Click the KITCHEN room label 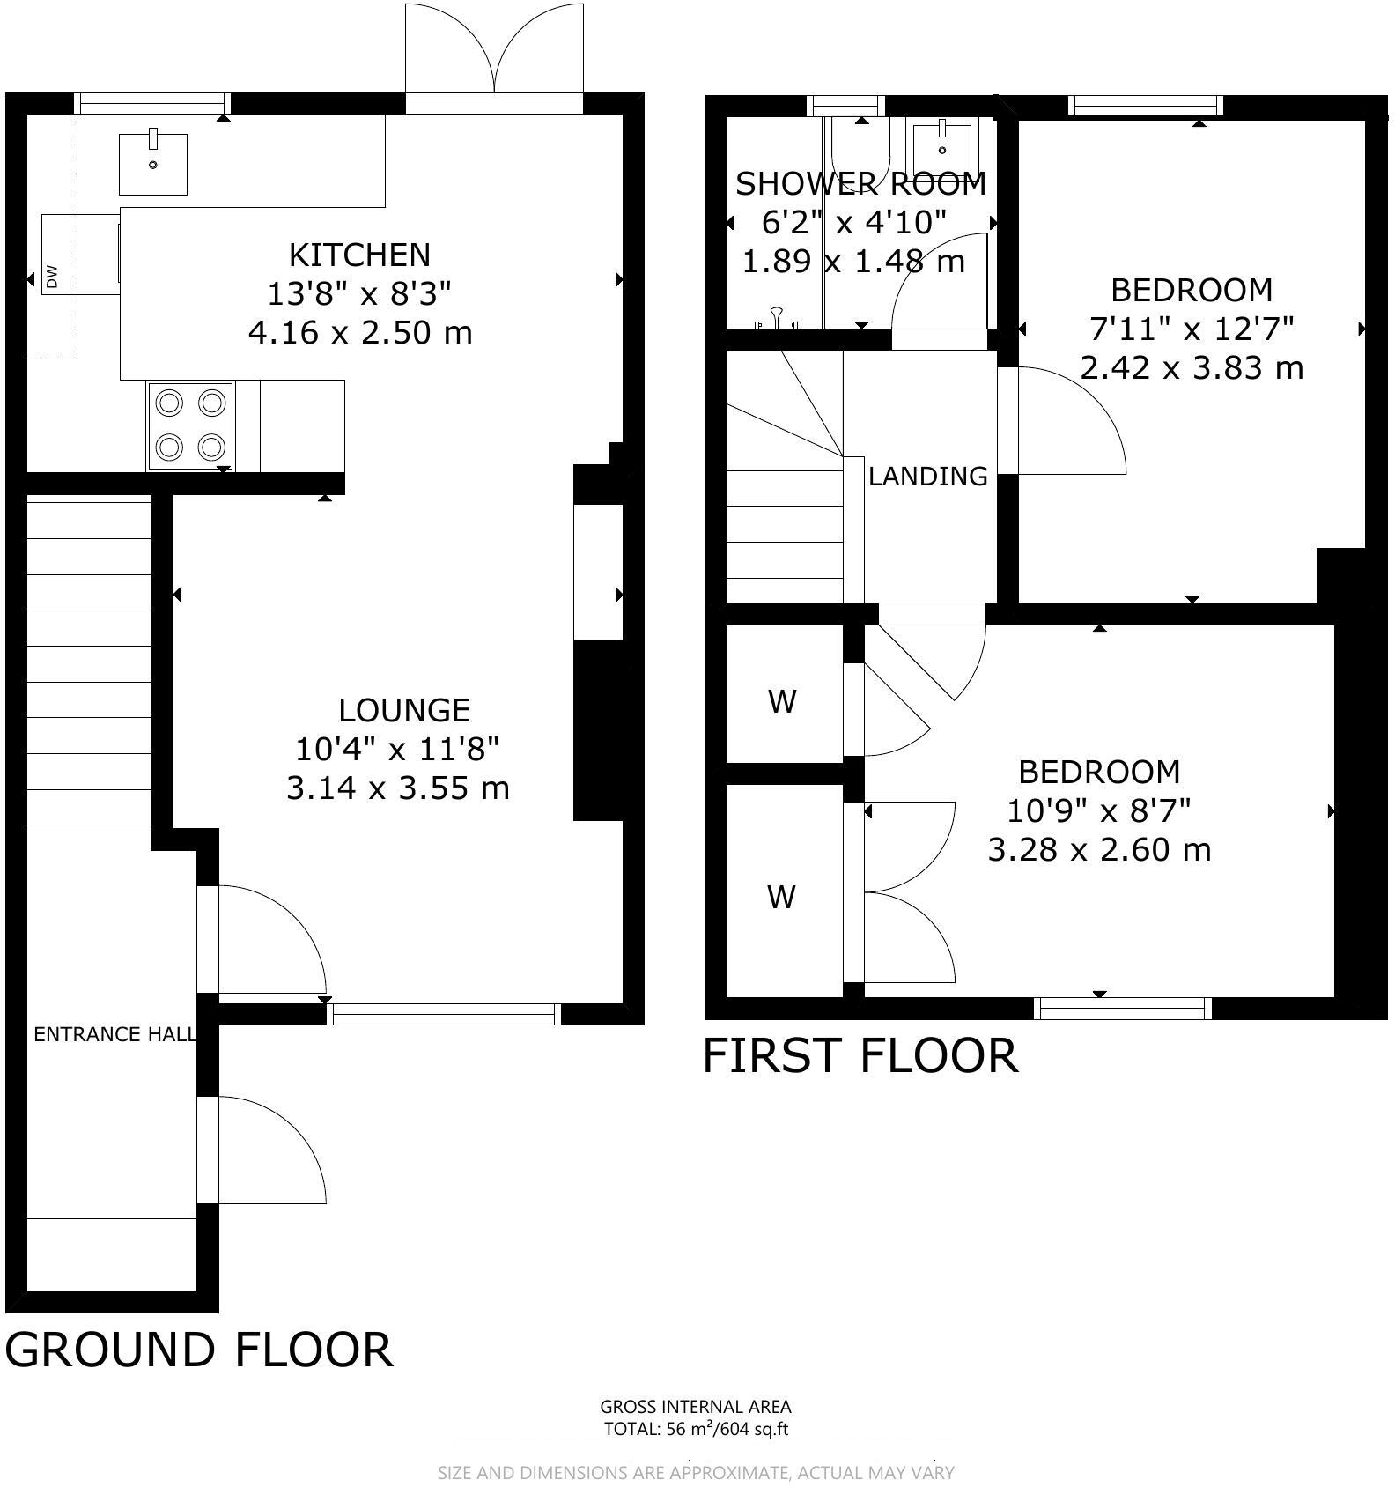[360, 255]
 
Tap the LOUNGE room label [405, 710]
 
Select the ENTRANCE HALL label [114, 1034]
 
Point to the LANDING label [928, 476]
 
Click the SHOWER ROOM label [861, 184]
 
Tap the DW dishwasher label [51, 277]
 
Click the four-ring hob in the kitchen [190, 425]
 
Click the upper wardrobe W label [783, 702]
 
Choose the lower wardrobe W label [782, 898]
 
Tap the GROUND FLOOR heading [199, 1350]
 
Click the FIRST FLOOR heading [861, 1055]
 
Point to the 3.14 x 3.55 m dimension [398, 788]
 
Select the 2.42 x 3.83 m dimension [1192, 367]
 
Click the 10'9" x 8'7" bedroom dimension [1100, 810]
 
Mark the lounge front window [444, 1014]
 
